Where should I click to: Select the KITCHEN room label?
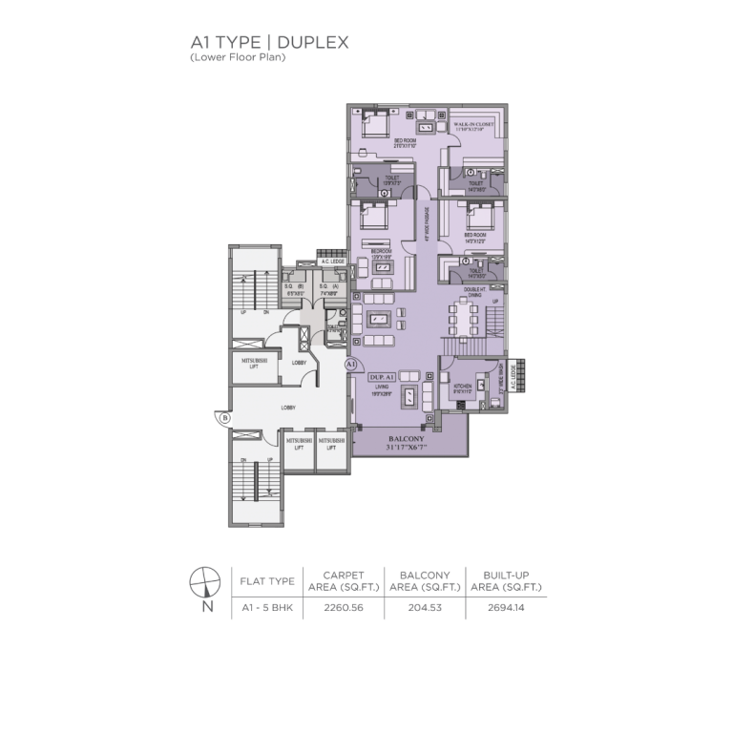462,387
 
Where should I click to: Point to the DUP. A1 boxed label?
382,377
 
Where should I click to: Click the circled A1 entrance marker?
350,365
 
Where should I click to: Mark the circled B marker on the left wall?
224,417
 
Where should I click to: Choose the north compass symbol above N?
205,581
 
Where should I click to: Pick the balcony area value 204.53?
425,607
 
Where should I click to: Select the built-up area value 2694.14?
507,607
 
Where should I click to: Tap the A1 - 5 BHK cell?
266,607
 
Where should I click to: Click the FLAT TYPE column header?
266,579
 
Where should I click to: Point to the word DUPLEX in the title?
309,43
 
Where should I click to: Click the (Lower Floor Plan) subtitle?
238,58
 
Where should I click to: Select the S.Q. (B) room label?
294,285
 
